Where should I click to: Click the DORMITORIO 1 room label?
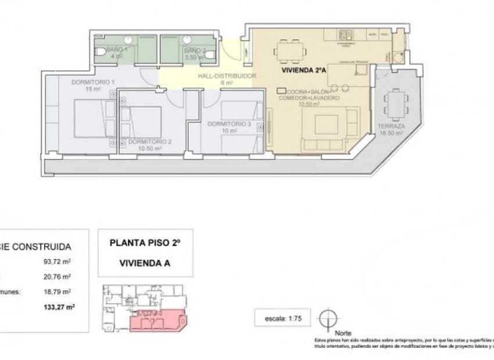[93, 82]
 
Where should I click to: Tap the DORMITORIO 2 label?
[150, 142]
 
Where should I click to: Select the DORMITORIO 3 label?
[229, 124]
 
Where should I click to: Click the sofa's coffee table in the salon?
[325, 124]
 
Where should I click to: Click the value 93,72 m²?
[58, 261]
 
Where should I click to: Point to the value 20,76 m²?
[58, 276]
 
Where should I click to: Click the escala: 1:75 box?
[283, 318]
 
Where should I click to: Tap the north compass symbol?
[328, 318]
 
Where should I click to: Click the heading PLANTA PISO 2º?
[145, 243]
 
